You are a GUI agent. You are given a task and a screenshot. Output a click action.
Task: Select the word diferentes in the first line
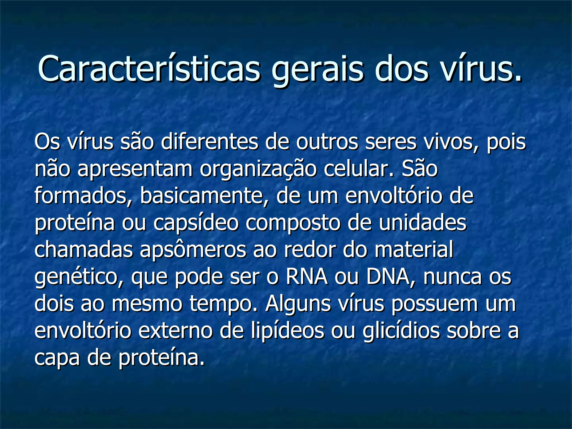click(209, 142)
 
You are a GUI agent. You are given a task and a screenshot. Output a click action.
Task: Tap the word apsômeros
click(193, 250)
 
